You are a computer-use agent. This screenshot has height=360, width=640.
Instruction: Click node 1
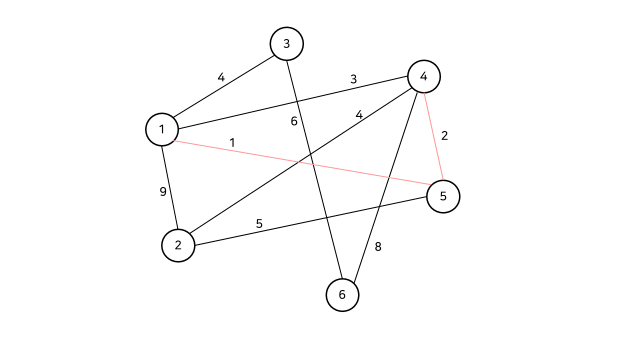162,129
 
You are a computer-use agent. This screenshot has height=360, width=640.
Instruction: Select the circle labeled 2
178,245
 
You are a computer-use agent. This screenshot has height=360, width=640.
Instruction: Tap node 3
286,44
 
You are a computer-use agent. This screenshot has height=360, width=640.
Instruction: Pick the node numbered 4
424,76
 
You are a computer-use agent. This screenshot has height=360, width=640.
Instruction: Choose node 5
443,196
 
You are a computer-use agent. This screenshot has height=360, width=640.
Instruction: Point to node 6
342,295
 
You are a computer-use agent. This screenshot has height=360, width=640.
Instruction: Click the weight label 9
163,191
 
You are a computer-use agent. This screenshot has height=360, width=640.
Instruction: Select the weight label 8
378,246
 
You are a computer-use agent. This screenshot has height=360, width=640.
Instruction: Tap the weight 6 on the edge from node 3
294,121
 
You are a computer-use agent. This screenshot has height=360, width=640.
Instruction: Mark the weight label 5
259,223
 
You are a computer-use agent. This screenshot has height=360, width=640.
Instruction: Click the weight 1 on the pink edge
232,142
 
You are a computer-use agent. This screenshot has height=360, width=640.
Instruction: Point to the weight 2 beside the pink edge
444,135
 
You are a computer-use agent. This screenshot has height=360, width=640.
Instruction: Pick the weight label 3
353,79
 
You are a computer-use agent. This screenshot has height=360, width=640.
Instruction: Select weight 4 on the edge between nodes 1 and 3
221,77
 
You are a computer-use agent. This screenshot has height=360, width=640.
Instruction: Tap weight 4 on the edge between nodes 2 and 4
359,114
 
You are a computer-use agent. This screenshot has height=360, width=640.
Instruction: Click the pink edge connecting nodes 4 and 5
433,136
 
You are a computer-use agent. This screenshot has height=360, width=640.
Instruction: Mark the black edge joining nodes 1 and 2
169,187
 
